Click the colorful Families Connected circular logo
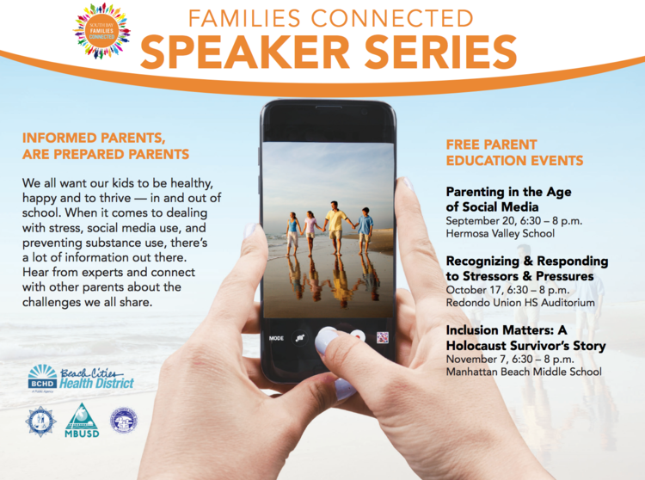(101, 30)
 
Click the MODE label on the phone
(276, 338)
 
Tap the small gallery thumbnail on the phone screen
(382, 337)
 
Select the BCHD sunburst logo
(42, 376)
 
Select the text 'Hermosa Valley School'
(500, 233)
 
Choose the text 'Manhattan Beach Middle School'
(523, 372)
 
